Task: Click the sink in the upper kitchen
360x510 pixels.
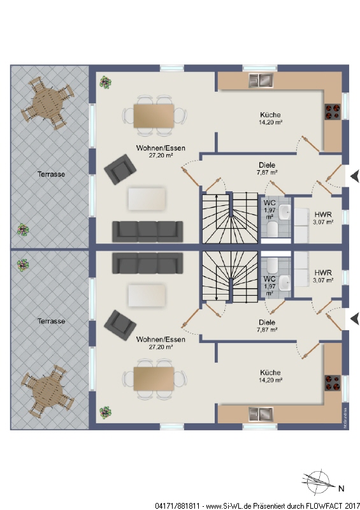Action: point(261,80)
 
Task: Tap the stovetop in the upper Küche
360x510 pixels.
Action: point(333,111)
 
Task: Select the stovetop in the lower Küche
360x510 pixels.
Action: point(333,382)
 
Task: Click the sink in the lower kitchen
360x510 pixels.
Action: point(261,414)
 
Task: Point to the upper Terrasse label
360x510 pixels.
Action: point(51,174)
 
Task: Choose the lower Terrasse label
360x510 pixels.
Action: point(51,321)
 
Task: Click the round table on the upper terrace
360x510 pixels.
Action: point(48,103)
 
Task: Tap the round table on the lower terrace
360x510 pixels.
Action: point(48,391)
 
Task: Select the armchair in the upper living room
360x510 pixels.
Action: point(120,169)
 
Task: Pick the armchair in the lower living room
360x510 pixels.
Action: point(120,325)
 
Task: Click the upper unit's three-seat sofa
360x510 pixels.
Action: point(147,231)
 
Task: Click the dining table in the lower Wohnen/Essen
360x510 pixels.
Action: point(154,379)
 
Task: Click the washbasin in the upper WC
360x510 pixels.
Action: point(285,212)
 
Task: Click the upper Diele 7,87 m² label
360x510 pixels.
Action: point(267,168)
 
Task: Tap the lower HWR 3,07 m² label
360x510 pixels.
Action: point(323,276)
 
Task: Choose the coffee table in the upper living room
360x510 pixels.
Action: point(147,199)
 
